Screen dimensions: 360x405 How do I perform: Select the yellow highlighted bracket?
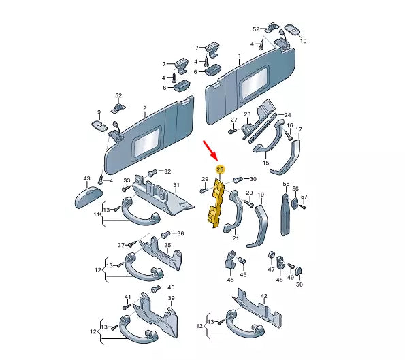216,203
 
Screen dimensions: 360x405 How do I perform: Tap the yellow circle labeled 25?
220,168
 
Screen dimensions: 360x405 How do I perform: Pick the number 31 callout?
175,185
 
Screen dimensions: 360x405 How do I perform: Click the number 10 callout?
303,41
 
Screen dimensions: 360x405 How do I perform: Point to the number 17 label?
298,129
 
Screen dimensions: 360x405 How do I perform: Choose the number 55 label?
286,184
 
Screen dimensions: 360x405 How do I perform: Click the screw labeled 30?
238,180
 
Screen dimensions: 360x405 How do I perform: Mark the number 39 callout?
172,298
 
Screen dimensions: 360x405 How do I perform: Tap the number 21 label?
236,238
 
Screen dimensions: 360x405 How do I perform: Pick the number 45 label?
229,279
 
